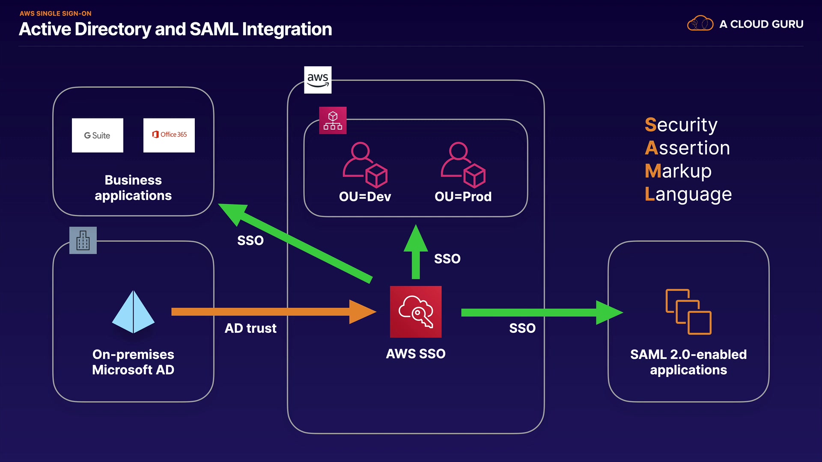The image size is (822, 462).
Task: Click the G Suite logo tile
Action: pyautogui.click(x=98, y=135)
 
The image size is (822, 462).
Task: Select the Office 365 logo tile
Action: pyautogui.click(x=169, y=135)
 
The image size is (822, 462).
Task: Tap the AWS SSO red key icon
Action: pyautogui.click(x=416, y=312)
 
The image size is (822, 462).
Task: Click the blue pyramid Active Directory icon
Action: pyautogui.click(x=133, y=312)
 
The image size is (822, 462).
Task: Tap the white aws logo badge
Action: pyautogui.click(x=318, y=80)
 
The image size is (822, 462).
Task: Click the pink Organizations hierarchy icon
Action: pyautogui.click(x=333, y=120)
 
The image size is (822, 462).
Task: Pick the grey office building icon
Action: pyautogui.click(x=83, y=240)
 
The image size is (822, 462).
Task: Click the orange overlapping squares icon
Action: pyautogui.click(x=688, y=312)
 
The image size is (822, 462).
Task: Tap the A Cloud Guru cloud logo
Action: pyautogui.click(x=700, y=24)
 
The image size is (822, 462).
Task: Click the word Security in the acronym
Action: pyautogui.click(x=681, y=125)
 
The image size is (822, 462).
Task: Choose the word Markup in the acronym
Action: pyautogui.click(x=678, y=171)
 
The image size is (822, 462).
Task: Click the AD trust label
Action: pyautogui.click(x=250, y=328)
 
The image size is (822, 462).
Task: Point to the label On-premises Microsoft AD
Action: pyautogui.click(x=133, y=362)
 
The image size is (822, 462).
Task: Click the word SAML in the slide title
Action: pyautogui.click(x=214, y=29)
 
